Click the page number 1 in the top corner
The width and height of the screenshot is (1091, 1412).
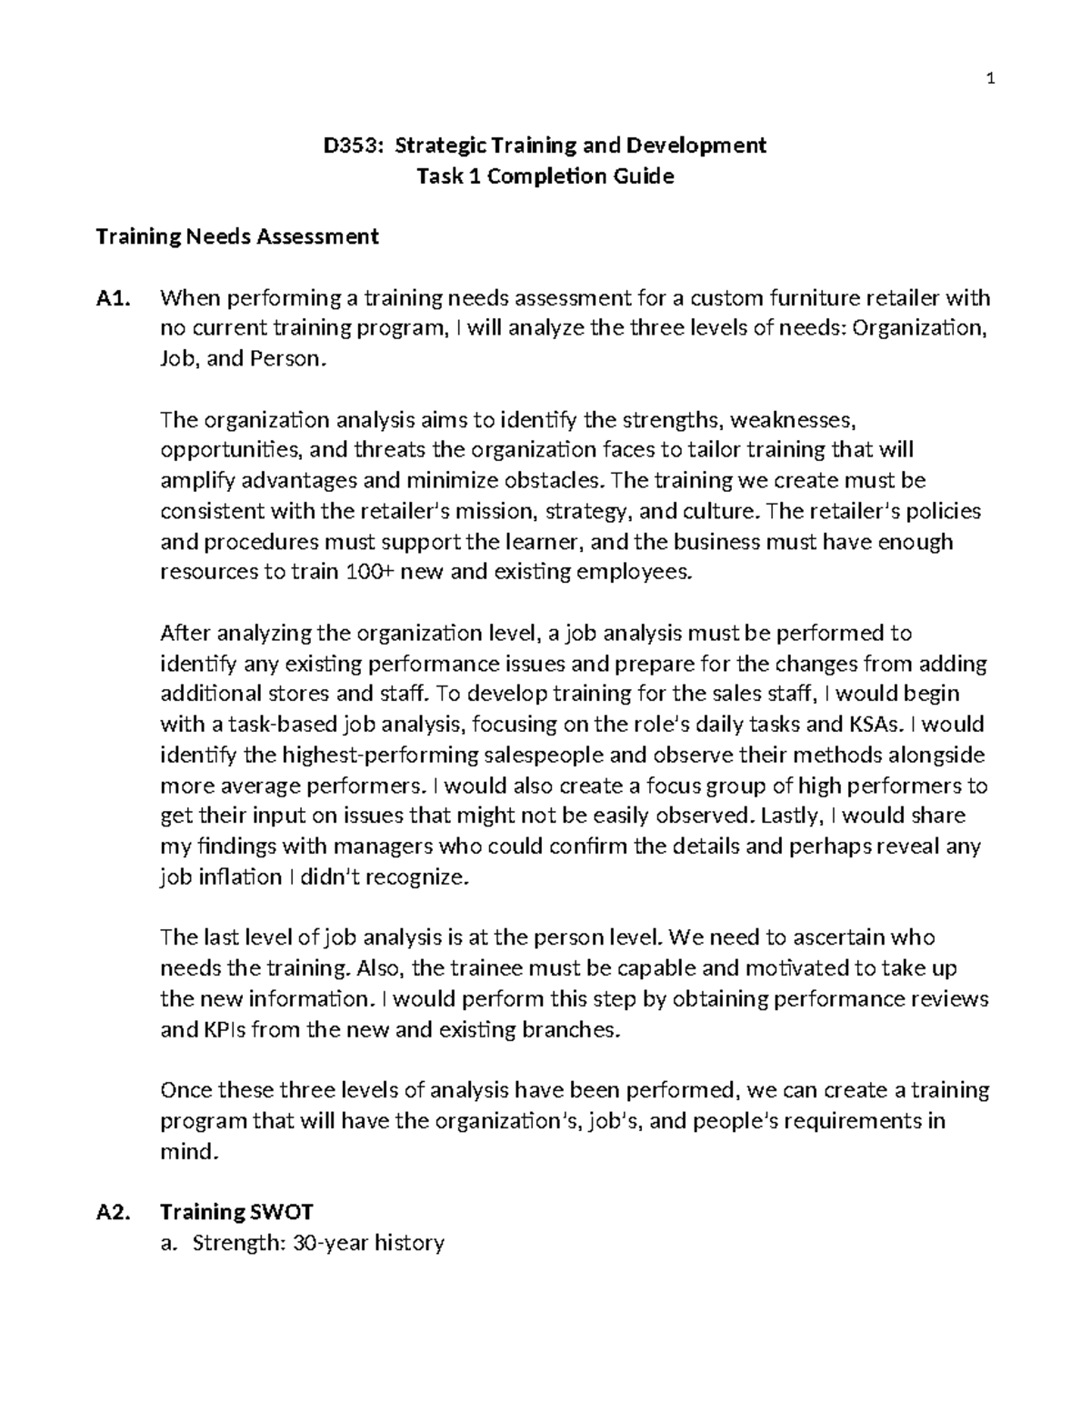(991, 79)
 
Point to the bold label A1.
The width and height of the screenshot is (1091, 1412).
(114, 298)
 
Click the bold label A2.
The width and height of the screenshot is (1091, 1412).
(114, 1213)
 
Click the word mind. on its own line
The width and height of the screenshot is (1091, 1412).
(189, 1152)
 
